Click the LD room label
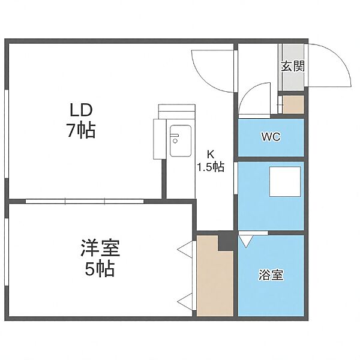coord(81,110)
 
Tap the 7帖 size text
coord(81,131)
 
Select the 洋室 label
coord(100,248)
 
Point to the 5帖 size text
coord(100,269)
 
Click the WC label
coord(271,137)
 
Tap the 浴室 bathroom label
coord(271,275)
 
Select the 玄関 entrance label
coord(293,66)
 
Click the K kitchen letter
coord(211,155)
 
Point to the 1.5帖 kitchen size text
coord(211,167)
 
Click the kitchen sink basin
coord(181,141)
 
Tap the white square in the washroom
coord(285,182)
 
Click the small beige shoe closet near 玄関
coord(293,104)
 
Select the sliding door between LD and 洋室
coord(85,202)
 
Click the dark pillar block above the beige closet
coord(226,241)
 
